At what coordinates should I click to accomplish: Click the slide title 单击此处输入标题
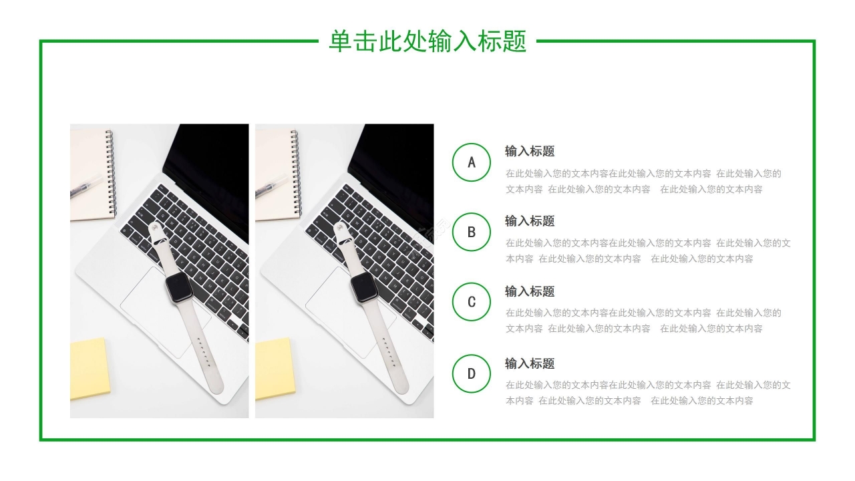[x=427, y=41]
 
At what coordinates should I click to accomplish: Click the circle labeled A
[x=472, y=162]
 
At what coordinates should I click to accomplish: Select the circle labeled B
[x=472, y=232]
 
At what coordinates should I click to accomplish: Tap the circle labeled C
[x=472, y=302]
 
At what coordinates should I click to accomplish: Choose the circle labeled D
[x=472, y=373]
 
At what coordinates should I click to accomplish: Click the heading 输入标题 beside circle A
[x=530, y=151]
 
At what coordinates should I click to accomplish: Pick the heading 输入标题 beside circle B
[x=530, y=221]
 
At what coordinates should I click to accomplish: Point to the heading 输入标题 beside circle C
[x=530, y=291]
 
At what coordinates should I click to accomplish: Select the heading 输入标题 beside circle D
[x=530, y=363]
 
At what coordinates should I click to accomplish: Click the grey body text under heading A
[x=643, y=181]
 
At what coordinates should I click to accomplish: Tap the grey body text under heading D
[x=648, y=393]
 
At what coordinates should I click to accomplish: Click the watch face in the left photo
[x=179, y=289]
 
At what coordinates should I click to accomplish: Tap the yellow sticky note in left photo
[x=89, y=368]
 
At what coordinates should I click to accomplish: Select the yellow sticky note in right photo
[x=274, y=368]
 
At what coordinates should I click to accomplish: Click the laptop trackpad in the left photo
[x=154, y=307]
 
